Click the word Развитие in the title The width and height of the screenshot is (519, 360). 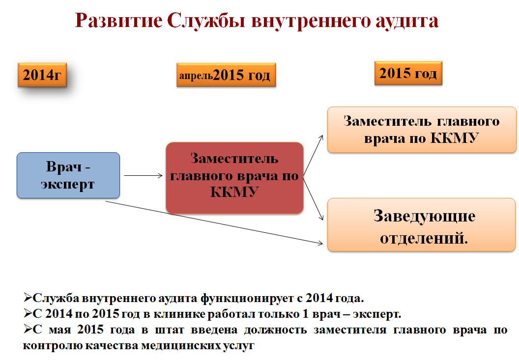tap(119, 21)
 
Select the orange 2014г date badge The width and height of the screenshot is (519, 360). tap(42, 75)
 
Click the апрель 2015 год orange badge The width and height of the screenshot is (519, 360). tap(226, 75)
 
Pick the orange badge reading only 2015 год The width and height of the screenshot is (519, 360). tap(408, 73)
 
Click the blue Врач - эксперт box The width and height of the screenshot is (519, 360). tap(68, 175)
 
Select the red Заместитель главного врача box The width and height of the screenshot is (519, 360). tap(234, 178)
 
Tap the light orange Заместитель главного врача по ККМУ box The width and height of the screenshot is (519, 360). tap(422, 130)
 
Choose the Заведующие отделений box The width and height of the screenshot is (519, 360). tap(421, 224)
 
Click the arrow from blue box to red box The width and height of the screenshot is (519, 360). tap(144, 176)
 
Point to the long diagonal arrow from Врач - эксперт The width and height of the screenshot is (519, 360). tap(214, 222)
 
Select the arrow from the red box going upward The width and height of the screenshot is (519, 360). tap(313, 155)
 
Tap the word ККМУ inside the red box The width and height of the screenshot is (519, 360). tap(234, 192)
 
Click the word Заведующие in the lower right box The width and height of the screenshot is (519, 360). tap(424, 217)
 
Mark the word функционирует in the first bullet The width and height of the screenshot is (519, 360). tap(247, 299)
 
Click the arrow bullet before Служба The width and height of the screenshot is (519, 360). tap(28, 298)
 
